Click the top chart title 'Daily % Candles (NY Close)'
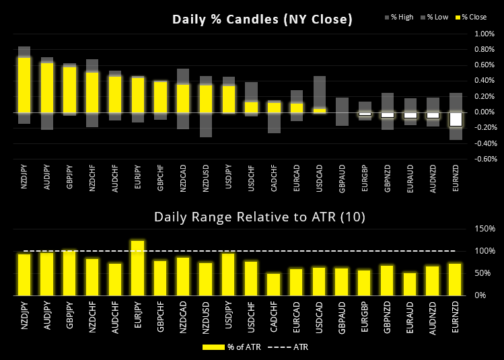[262, 20]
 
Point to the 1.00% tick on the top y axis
[485, 33]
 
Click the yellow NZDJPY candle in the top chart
[24, 85]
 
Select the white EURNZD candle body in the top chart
[456, 118]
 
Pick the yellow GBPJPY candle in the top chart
[70, 89]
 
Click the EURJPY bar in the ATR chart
[138, 268]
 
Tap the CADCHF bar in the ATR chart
[274, 284]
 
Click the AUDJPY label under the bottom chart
[47, 319]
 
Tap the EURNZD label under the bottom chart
[456, 319]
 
